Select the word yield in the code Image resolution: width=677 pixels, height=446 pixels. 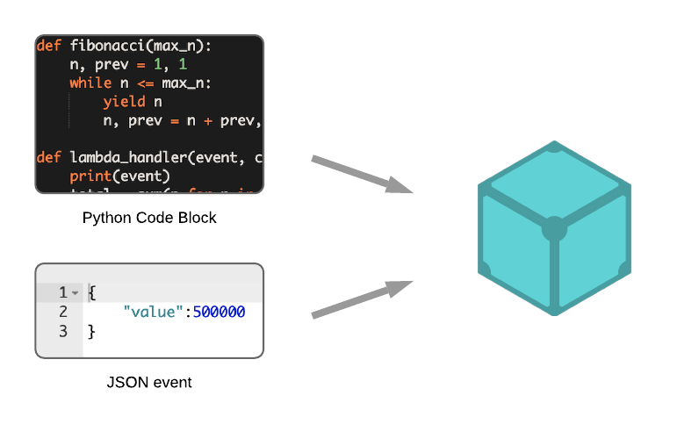pos(119,102)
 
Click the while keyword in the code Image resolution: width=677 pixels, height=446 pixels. pos(90,83)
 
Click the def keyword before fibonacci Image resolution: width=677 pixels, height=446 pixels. pos(48,46)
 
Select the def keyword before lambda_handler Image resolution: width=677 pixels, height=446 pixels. pos(48,158)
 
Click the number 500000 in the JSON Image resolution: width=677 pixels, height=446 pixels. pos(219,312)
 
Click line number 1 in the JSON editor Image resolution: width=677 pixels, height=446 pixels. pos(62,292)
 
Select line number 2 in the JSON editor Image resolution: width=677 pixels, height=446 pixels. pos(62,312)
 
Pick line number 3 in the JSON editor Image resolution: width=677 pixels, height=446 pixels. pos(62,331)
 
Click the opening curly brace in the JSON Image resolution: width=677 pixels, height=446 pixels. pos(92,292)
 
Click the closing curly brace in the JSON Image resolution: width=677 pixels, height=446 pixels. pos(92,331)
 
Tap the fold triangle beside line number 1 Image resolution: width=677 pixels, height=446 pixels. pos(76,293)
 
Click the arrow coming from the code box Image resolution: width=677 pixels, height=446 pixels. pos(361,174)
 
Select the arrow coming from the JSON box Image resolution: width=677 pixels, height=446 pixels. pos(361,299)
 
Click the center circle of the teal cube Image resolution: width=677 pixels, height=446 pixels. pos(554,229)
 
